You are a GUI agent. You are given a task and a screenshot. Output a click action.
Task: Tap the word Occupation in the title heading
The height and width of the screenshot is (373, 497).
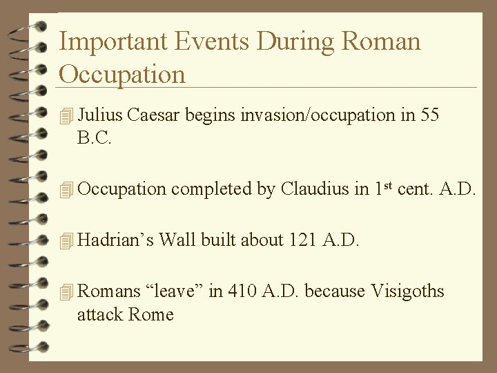(x=122, y=73)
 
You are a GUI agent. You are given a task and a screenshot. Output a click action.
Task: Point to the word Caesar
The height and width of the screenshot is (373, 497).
(x=157, y=115)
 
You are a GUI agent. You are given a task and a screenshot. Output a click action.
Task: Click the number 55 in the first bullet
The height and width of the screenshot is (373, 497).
(x=429, y=115)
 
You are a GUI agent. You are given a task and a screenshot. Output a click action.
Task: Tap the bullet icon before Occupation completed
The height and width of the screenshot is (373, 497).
(x=66, y=189)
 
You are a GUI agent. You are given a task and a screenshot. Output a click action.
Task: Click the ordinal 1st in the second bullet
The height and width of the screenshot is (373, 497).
(x=382, y=187)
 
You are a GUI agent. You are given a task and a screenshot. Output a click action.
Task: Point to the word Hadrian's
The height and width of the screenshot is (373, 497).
(x=116, y=240)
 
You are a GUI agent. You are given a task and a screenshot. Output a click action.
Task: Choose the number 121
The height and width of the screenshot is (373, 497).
(x=304, y=240)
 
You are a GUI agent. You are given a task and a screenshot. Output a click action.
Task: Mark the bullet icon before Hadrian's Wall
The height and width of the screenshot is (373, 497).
(x=66, y=240)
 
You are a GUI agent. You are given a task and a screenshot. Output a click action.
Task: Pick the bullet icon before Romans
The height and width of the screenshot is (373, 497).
(x=66, y=292)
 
